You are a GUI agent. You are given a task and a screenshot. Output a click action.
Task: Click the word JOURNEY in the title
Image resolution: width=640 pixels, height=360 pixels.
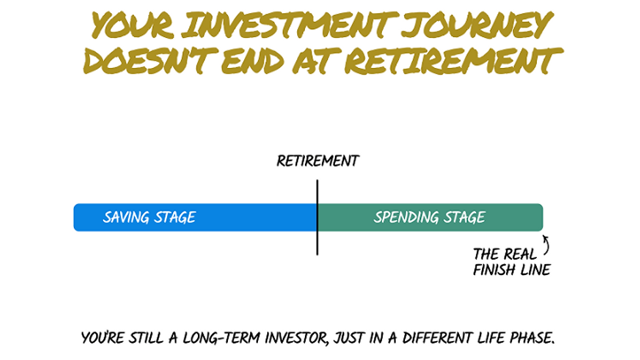(477, 25)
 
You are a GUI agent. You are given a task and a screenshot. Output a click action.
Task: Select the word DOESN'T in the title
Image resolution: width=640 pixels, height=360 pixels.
(150, 60)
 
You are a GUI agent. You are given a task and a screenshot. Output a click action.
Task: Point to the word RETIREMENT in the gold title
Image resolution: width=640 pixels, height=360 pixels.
(453, 60)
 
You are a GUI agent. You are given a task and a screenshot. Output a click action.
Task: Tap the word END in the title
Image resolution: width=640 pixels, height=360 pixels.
(252, 60)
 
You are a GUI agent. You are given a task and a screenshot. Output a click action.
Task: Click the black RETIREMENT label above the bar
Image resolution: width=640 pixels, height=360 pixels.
(317, 161)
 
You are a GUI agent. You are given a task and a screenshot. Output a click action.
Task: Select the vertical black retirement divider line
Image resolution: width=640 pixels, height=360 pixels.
(317, 218)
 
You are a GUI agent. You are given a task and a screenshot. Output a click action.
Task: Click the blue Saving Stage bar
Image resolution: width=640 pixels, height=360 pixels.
(195, 218)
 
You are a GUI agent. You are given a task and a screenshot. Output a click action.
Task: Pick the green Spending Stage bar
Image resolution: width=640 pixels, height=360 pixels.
(430, 218)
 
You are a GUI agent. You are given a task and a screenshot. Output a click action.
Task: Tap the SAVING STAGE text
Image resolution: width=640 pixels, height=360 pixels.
(150, 217)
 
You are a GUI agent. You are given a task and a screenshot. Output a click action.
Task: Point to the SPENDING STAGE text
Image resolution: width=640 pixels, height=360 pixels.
(430, 217)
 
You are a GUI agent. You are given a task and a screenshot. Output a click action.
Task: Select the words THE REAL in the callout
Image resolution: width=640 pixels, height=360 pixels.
(504, 254)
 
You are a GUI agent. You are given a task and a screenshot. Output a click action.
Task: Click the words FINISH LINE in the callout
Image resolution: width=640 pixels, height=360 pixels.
(512, 270)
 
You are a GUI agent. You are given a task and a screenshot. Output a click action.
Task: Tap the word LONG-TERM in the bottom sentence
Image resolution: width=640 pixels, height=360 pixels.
(221, 338)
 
